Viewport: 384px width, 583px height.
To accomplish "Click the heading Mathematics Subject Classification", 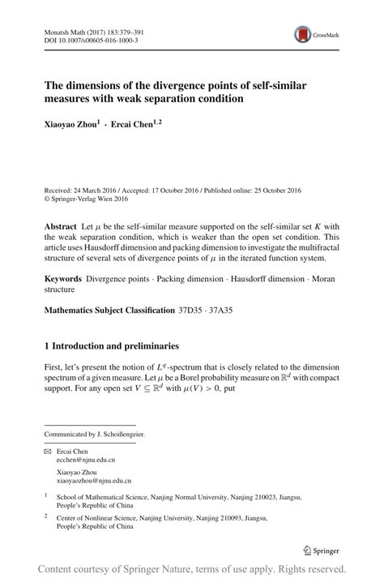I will pos(109,310).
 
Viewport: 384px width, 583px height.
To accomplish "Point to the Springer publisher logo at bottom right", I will pos(322,549).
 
